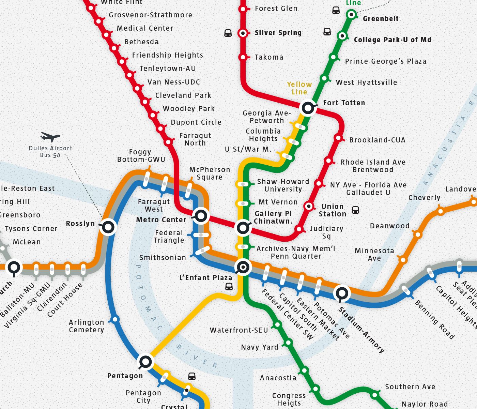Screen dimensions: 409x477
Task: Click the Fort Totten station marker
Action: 308,108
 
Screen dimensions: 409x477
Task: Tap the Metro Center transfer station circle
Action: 201,216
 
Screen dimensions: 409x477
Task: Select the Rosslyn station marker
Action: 109,227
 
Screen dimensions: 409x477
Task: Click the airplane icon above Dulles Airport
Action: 50,137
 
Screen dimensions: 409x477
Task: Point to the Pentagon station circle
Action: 146,362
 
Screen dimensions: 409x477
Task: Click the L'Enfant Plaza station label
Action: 205,278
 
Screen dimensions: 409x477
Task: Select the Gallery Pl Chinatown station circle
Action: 243,227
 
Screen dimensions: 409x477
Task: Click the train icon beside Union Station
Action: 355,210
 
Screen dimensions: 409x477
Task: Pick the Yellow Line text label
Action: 299,88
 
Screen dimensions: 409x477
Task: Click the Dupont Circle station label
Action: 196,122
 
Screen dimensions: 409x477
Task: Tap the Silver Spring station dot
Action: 243,33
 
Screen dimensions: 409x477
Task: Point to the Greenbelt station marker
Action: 351,15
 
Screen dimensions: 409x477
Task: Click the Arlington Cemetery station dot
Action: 115,319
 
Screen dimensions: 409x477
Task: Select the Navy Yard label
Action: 260,347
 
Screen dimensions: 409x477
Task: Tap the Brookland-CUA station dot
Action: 338,138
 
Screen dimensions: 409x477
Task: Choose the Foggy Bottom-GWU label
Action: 141,156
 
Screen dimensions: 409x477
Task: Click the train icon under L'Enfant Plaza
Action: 229,287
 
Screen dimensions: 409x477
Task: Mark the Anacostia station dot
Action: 304,370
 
